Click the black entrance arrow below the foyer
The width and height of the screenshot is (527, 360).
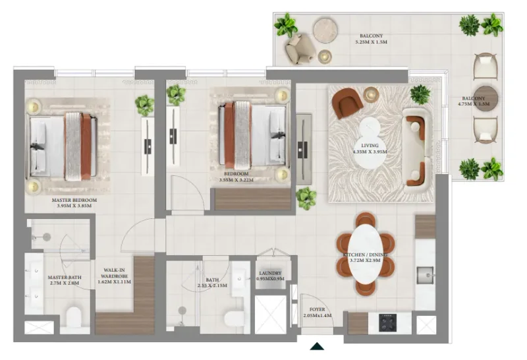tap(318, 346)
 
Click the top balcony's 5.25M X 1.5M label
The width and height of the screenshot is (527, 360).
tap(371, 39)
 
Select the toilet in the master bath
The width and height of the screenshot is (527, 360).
tap(74, 316)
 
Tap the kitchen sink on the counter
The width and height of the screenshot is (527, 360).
tap(426, 273)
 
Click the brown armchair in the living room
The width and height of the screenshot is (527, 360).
tap(347, 102)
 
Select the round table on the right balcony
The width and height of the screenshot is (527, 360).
tap(485, 98)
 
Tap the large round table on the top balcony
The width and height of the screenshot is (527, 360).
tap(325, 29)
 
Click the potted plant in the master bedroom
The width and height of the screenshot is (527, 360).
tap(144, 104)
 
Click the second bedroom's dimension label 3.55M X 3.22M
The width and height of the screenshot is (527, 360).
tap(236, 179)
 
